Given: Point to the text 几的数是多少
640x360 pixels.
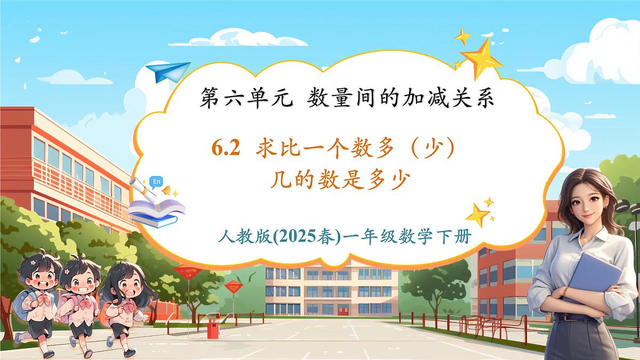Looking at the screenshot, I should pyautogui.click(x=340, y=179).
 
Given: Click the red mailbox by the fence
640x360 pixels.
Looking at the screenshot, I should pyautogui.click(x=214, y=329).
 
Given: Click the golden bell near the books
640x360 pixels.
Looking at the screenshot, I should pyautogui.click(x=167, y=190).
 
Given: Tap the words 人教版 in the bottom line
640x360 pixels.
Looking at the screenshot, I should pyautogui.click(x=238, y=236).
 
